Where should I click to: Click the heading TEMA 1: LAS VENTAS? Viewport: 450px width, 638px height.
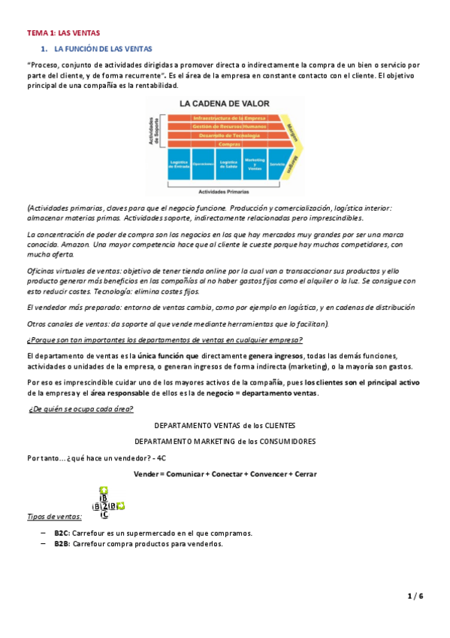tap(63, 33)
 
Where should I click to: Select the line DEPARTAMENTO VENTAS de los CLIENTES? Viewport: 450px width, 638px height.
tap(225, 425)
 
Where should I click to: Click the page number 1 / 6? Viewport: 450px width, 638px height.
tap(415, 596)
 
